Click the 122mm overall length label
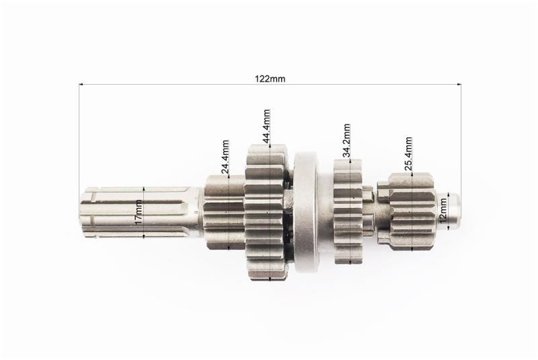[270, 79]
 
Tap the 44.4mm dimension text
[266, 127]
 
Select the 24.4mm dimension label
[225, 157]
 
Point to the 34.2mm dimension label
[346, 141]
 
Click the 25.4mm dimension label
[408, 154]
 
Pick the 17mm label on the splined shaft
[139, 213]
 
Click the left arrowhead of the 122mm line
[81, 83]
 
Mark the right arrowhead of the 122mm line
[459, 83]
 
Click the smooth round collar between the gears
[307, 212]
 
